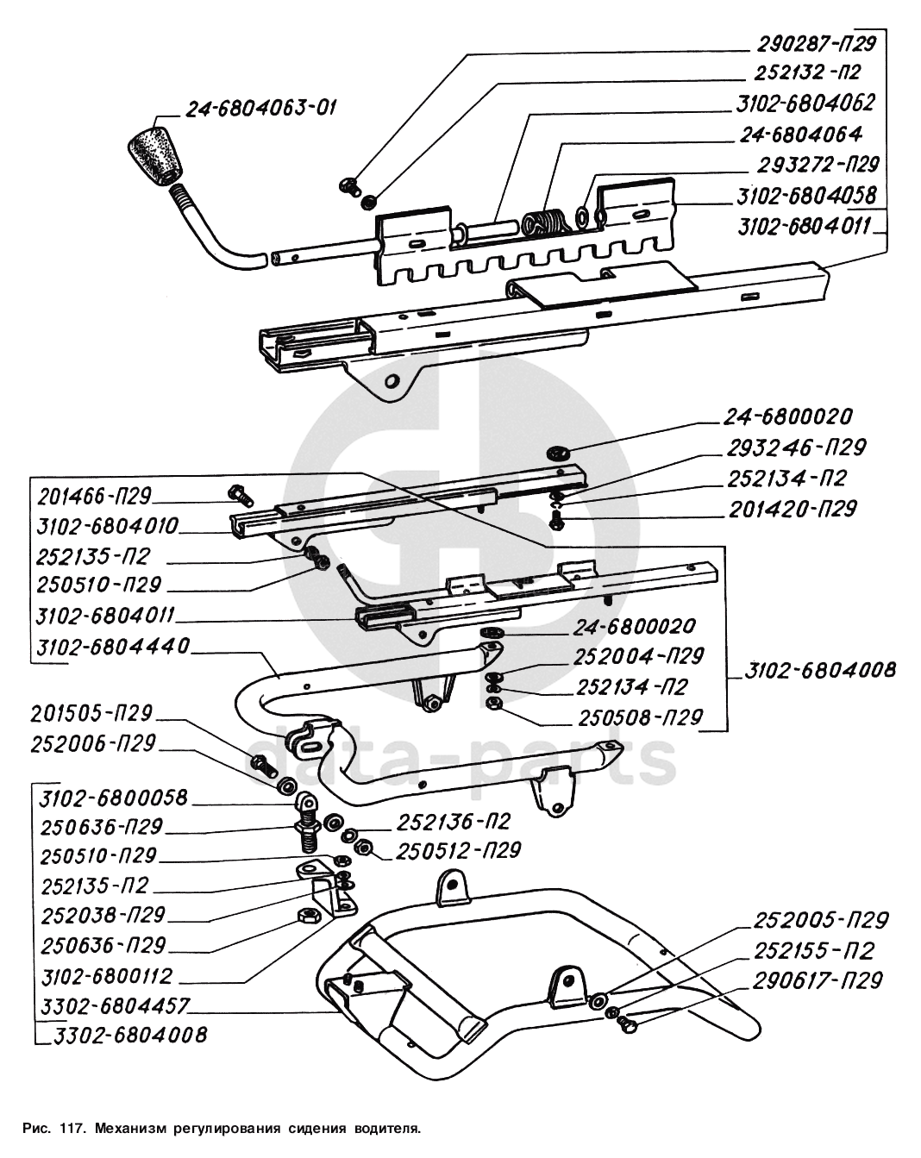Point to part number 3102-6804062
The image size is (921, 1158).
click(805, 103)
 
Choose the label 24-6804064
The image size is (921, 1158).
click(800, 135)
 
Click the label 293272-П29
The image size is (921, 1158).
click(818, 164)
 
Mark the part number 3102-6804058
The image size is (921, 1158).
click(806, 195)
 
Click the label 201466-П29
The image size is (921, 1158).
click(95, 496)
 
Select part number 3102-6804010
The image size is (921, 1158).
click(108, 525)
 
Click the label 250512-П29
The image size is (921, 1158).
click(458, 850)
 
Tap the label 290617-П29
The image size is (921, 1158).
click(818, 980)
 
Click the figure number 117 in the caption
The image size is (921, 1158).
click(71, 1127)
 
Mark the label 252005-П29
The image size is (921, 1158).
click(820, 919)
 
